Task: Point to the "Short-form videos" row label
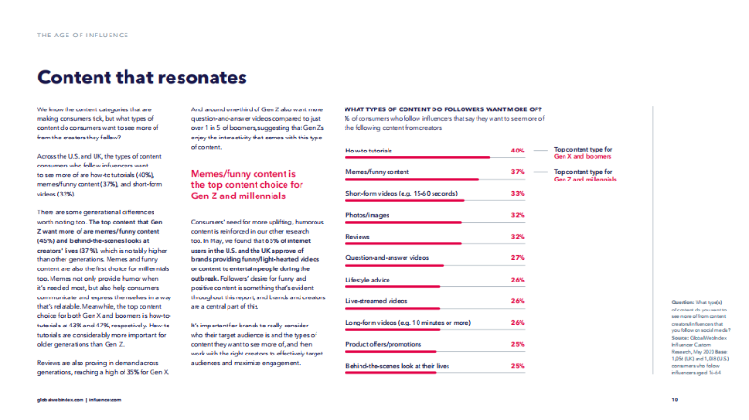point(392,194)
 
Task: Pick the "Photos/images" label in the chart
point(367,215)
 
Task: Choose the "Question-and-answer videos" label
point(387,258)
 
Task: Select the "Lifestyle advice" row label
point(369,280)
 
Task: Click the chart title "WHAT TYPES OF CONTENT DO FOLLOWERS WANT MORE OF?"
point(444,109)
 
